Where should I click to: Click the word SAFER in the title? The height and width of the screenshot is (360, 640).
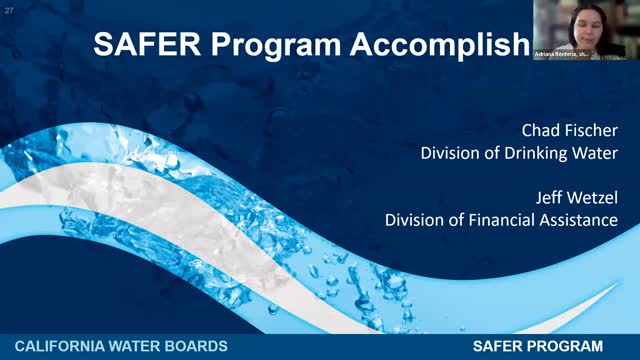click(141, 45)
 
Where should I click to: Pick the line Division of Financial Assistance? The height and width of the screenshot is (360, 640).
click(501, 220)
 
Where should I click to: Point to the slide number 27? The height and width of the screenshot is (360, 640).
click(9, 10)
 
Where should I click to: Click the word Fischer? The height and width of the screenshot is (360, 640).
click(590, 131)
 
